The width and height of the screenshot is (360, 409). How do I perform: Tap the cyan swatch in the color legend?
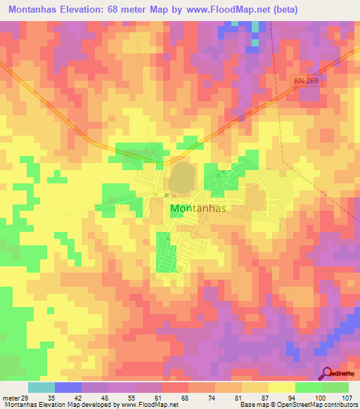[x=41, y=387]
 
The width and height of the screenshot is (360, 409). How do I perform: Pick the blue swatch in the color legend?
[x=67, y=387]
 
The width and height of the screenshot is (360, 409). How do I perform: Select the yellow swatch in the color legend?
[x=281, y=387]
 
